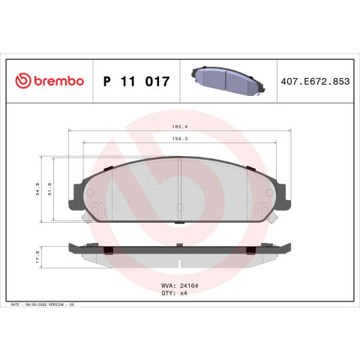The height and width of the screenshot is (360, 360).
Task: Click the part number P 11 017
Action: click(136, 82)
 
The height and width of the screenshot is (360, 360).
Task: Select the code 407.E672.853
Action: click(315, 82)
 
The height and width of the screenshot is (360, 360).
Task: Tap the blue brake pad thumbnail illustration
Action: click(228, 80)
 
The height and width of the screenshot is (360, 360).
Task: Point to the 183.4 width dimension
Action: click(180, 127)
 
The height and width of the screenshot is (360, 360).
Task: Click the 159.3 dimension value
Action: click(180, 139)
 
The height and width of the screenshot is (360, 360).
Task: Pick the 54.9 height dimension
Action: click(37, 189)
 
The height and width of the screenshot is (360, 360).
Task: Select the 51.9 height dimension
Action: click(49, 189)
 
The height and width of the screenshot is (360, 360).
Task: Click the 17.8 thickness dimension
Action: click(37, 257)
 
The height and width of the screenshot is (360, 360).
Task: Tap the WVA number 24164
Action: click(189, 286)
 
